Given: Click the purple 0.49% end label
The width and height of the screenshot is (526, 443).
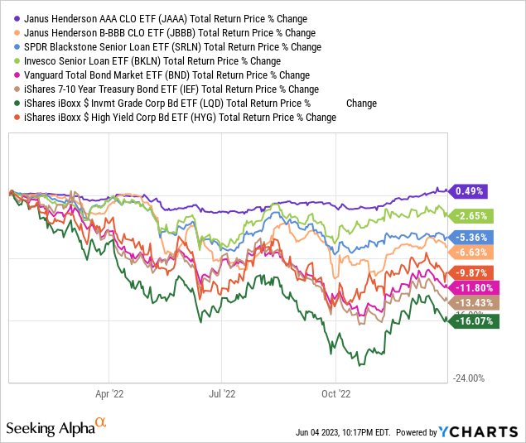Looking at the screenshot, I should [x=469, y=191].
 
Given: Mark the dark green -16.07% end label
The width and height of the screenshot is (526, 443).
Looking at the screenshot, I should [x=473, y=320].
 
